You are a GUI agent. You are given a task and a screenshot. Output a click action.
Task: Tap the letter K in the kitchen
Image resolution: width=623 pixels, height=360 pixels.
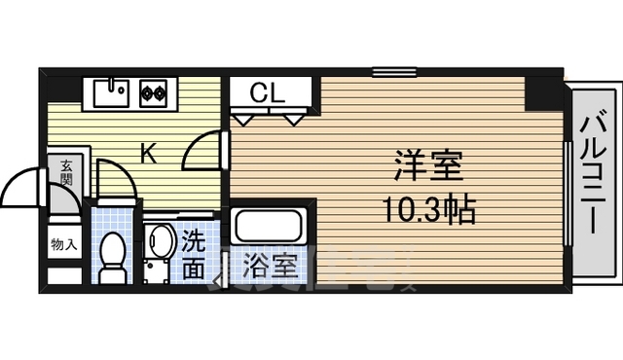click(x=148, y=153)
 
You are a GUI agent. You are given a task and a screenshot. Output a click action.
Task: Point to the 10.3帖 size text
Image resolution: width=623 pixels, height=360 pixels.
click(x=427, y=207)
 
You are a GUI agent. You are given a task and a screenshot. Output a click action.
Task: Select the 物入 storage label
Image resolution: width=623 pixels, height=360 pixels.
click(x=64, y=244)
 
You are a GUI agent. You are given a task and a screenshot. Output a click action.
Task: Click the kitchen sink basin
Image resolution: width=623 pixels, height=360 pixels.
click(x=113, y=93)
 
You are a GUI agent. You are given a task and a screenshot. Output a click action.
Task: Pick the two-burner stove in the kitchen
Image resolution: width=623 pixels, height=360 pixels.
click(x=154, y=94)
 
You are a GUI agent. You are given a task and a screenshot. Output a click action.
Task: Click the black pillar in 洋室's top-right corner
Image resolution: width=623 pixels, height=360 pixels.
click(x=543, y=91)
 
